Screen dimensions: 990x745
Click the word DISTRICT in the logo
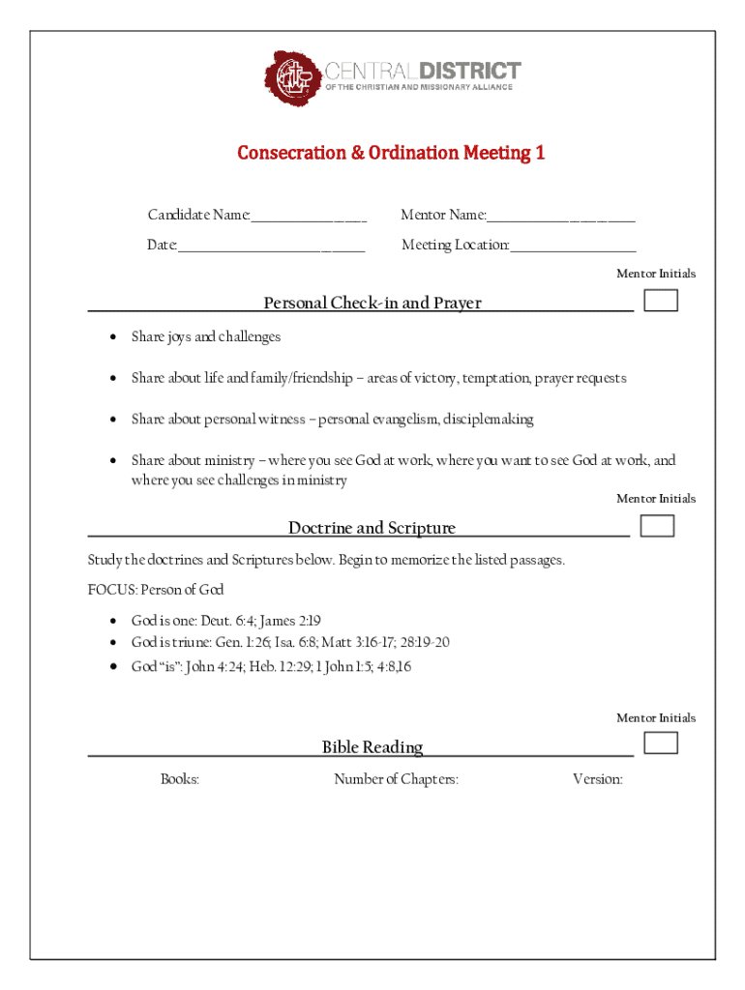pyautogui.click(x=470, y=71)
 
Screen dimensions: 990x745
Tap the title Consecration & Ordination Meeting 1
pyautogui.click(x=392, y=153)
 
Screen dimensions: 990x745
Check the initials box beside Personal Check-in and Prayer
pyautogui.click(x=661, y=301)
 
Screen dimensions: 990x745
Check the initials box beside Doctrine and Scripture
pyautogui.click(x=658, y=526)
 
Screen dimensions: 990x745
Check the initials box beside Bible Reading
pyautogui.click(x=661, y=742)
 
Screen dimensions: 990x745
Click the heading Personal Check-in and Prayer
pyautogui.click(x=372, y=304)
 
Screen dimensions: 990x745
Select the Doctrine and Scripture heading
pyautogui.click(x=372, y=528)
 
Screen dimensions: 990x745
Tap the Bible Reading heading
pyautogui.click(x=372, y=747)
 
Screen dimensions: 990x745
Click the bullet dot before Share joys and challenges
pyautogui.click(x=113, y=337)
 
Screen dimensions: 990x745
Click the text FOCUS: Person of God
pyautogui.click(x=156, y=590)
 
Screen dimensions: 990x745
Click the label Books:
pyautogui.click(x=180, y=779)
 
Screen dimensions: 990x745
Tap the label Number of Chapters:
pyautogui.click(x=396, y=779)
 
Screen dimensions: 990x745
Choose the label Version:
pyautogui.click(x=597, y=779)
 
